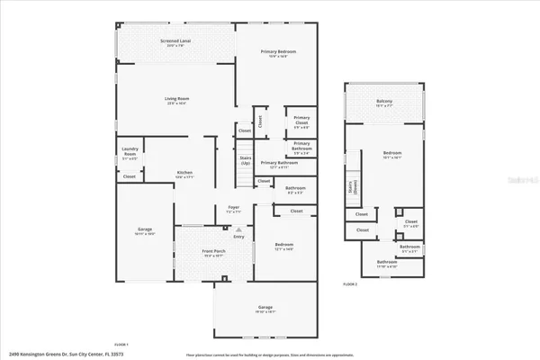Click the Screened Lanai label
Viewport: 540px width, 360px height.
coord(175,41)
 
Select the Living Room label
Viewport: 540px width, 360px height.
coord(176,100)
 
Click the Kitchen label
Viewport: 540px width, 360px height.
coord(184,173)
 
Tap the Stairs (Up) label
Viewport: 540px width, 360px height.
coord(245,162)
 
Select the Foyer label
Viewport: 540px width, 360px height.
coord(232,208)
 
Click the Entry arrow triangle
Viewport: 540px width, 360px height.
coord(238,230)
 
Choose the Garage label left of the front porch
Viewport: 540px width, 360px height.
coord(144,230)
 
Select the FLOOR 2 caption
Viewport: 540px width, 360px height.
coord(350,283)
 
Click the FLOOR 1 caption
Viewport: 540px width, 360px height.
coord(121,344)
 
